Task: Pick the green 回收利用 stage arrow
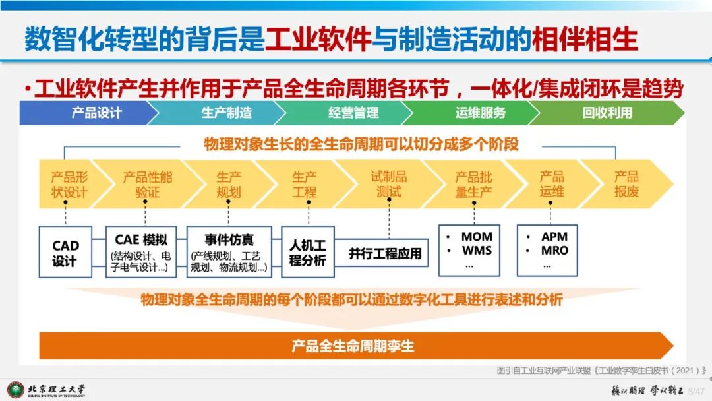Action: pos(607,113)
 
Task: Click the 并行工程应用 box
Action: pos(385,253)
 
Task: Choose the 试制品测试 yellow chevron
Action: pos(389,184)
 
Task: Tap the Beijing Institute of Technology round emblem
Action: pos(16,390)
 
